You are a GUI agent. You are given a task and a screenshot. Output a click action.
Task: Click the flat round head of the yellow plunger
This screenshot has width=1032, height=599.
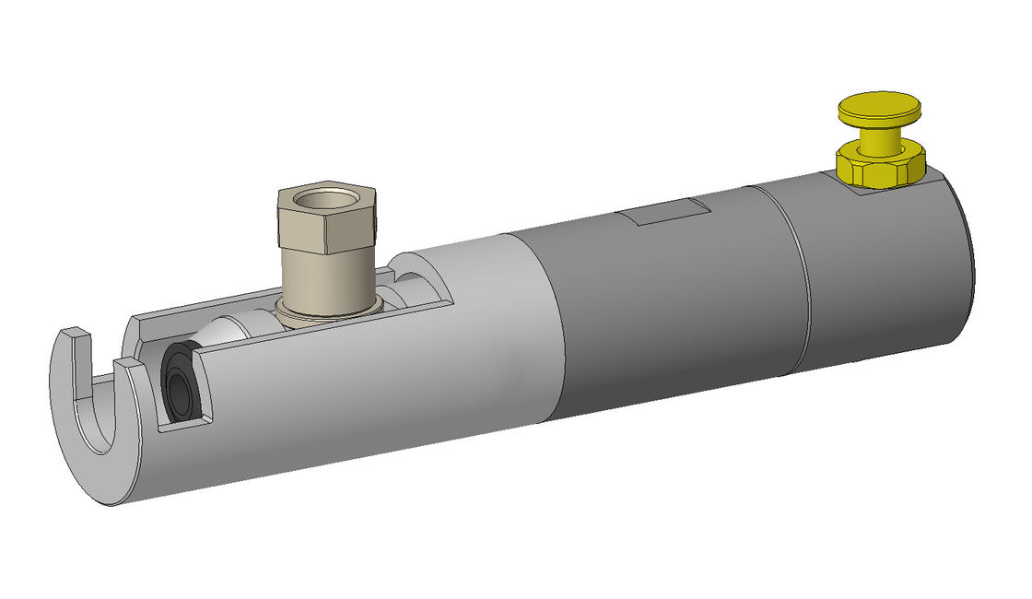click(x=880, y=105)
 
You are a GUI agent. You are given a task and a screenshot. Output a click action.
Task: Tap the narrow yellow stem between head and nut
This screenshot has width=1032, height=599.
click(x=879, y=135)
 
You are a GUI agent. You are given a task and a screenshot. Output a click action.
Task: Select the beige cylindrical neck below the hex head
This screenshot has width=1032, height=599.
click(x=327, y=276)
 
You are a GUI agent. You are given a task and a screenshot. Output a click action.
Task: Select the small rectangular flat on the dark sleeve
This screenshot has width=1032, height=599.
click(x=663, y=213)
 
